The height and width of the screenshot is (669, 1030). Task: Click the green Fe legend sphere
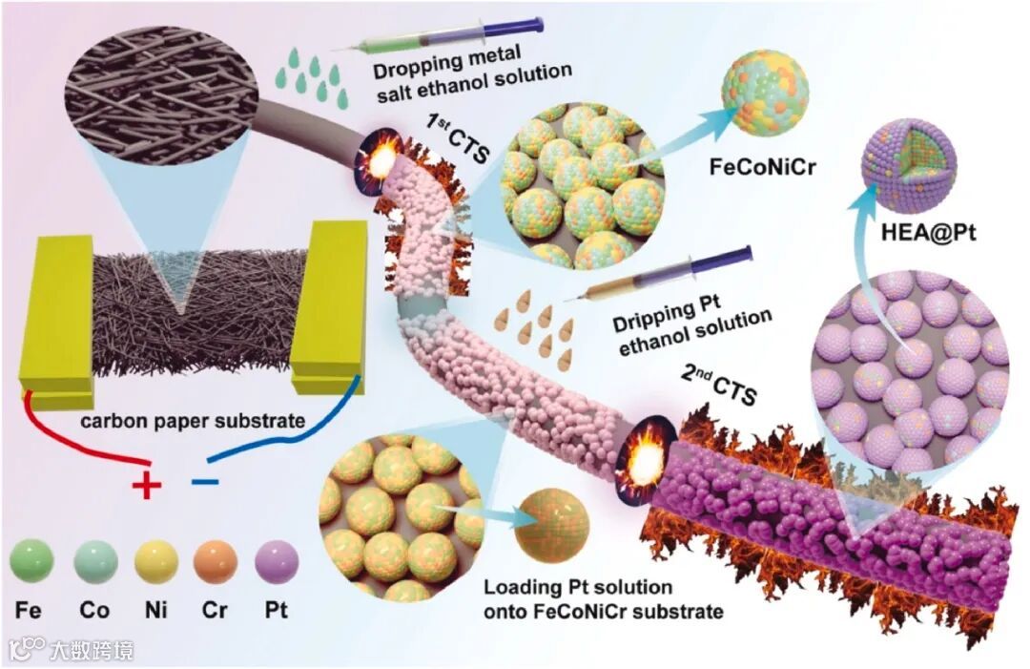pos(31,561)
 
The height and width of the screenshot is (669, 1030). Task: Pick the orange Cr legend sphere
pos(216,561)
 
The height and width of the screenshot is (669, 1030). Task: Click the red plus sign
pos(145,486)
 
